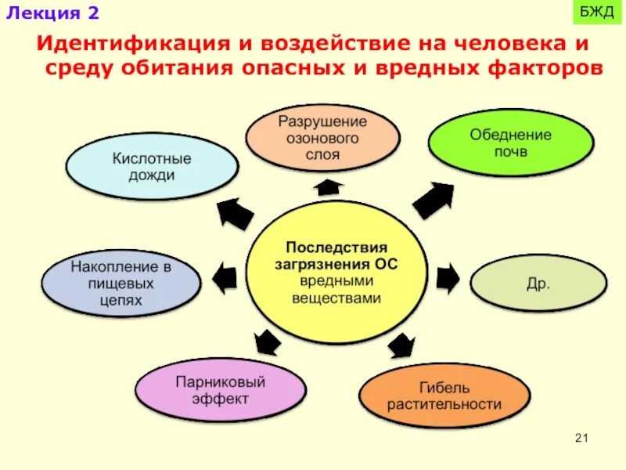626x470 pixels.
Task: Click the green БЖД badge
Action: click(x=597, y=13)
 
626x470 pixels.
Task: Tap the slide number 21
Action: click(x=581, y=438)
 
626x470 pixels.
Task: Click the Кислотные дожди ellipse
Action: click(x=152, y=166)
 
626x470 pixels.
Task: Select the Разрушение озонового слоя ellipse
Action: click(x=323, y=138)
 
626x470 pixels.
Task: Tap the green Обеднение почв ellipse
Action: click(x=510, y=143)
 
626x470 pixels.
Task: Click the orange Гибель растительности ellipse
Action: click(x=444, y=396)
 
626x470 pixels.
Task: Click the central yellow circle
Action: click(x=336, y=269)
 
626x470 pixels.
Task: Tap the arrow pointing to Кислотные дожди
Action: click(x=235, y=213)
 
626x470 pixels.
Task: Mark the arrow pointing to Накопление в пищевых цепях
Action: click(x=225, y=278)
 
